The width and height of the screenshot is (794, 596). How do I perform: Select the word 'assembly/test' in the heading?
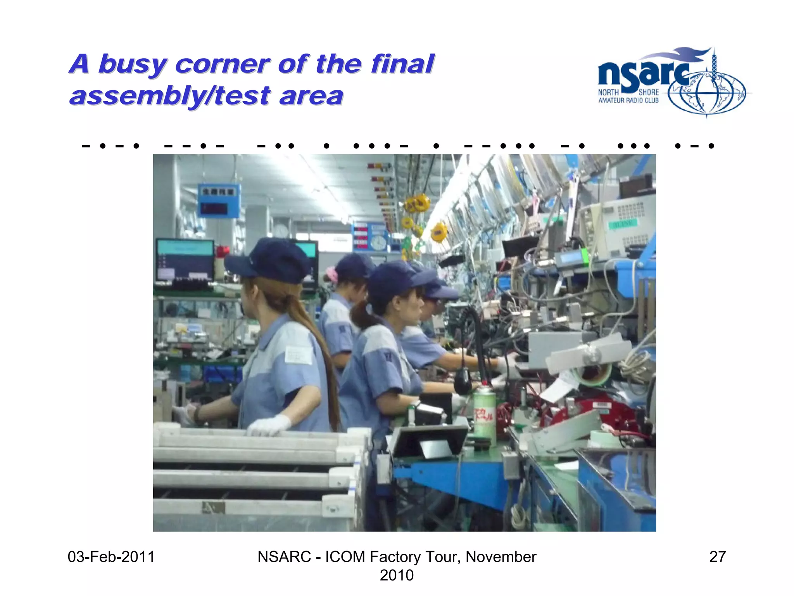(x=170, y=96)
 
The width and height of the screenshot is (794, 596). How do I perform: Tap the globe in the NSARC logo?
(x=706, y=93)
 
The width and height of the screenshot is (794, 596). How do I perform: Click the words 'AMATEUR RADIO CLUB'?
(x=628, y=100)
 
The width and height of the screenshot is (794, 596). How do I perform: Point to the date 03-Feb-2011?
(x=111, y=557)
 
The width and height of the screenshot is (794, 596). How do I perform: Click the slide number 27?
(x=717, y=557)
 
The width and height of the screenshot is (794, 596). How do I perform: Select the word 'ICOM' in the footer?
(x=345, y=557)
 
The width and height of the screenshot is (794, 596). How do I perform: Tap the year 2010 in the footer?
(x=396, y=575)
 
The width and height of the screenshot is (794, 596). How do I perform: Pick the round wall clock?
(x=378, y=243)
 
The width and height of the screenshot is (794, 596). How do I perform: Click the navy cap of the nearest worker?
(x=271, y=260)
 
